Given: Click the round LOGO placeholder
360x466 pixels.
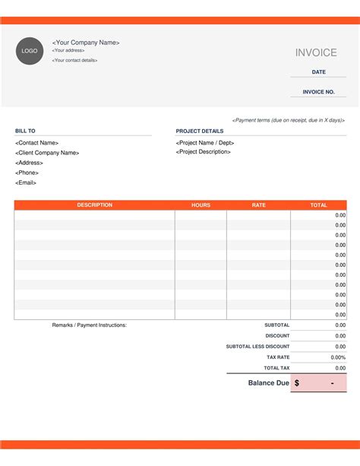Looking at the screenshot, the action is click(30, 51).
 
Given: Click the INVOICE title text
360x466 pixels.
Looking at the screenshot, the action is click(316, 52).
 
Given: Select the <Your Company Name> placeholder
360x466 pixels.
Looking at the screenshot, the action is click(86, 43).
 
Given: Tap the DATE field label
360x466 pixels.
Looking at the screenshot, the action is click(319, 72).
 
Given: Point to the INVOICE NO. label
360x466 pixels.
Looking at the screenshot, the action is click(319, 92).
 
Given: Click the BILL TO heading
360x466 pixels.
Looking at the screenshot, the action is click(25, 131).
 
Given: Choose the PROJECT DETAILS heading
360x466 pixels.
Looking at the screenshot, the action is click(200, 131).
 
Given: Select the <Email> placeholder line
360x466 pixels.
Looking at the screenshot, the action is click(26, 182).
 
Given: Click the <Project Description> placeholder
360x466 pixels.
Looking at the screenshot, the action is click(204, 152).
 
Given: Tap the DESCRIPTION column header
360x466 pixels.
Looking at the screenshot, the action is click(94, 205).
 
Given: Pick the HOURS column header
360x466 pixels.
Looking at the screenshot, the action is click(201, 205).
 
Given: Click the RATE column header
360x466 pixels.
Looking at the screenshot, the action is click(259, 205).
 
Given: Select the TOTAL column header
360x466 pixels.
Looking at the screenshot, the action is click(319, 205).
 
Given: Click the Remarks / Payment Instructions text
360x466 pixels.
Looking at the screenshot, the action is click(90, 325).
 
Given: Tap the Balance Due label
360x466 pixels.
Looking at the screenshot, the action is click(268, 383).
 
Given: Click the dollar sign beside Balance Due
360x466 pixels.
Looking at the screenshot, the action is click(296, 383).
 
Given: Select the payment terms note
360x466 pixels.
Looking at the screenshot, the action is click(289, 120).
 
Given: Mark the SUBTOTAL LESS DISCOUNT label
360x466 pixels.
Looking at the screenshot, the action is click(257, 347).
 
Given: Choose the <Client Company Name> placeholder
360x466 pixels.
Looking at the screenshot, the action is click(47, 153).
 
